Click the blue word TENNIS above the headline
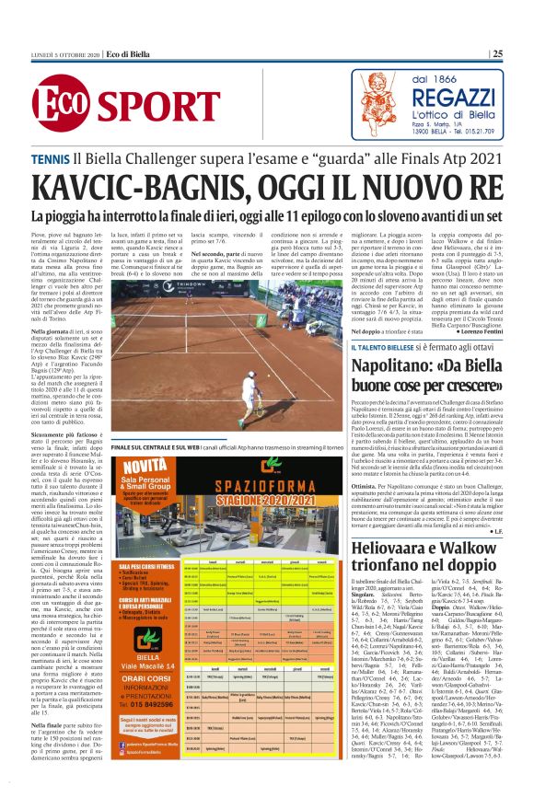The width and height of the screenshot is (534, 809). (50, 158)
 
